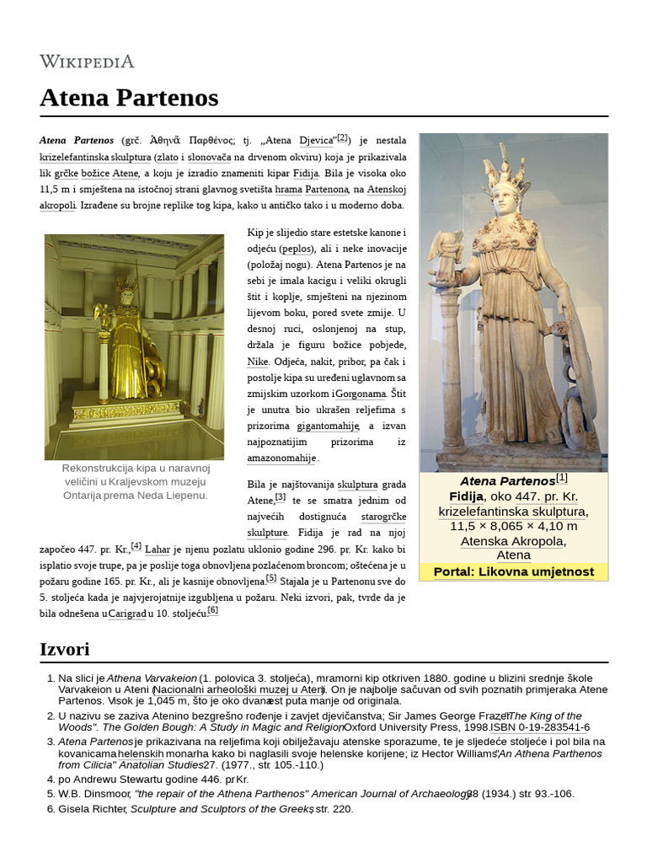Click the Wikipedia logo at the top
click(87, 62)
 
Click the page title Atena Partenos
click(129, 98)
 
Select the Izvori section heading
click(65, 649)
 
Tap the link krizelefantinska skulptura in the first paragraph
click(95, 157)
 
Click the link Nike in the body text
click(257, 362)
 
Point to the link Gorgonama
click(361, 394)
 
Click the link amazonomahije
click(281, 458)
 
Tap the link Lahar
click(158, 549)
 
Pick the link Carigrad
click(126, 614)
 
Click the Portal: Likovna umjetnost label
click(513, 572)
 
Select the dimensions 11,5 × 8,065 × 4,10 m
click(513, 526)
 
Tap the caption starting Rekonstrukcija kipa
click(135, 481)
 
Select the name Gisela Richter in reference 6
click(91, 809)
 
